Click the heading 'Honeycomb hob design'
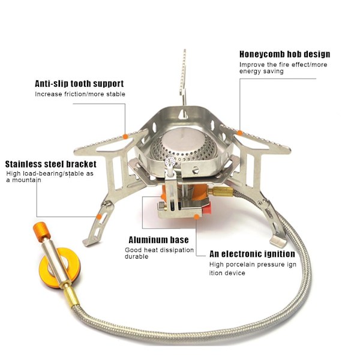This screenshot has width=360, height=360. (x=284, y=55)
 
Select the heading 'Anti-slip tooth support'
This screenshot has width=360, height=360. (x=79, y=83)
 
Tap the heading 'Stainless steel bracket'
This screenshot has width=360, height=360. (x=51, y=164)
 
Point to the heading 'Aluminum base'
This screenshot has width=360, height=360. (x=158, y=240)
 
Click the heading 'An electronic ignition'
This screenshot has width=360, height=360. (x=252, y=254)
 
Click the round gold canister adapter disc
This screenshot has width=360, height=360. (x=59, y=268)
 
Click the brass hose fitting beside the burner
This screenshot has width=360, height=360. (x=221, y=191)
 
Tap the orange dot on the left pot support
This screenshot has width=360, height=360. (x=125, y=136)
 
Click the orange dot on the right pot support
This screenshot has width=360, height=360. (x=239, y=133)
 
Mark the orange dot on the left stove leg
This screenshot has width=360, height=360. (x=99, y=217)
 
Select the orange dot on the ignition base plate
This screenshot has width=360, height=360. (x=197, y=217)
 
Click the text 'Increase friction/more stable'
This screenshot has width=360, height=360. (x=80, y=94)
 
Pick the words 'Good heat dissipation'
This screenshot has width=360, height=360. (x=160, y=250)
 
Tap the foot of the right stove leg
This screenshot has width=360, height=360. (x=278, y=241)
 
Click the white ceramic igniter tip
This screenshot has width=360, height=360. (x=170, y=162)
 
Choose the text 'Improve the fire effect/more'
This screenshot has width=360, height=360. (x=283, y=65)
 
